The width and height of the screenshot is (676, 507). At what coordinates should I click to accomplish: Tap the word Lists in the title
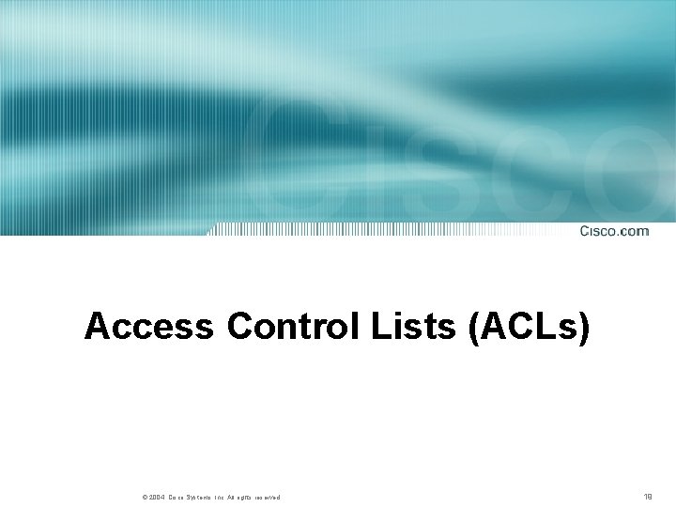click(x=412, y=327)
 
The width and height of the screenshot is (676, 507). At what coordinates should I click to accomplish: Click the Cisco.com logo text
click(x=614, y=231)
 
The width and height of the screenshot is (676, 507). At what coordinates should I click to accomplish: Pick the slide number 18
click(x=648, y=496)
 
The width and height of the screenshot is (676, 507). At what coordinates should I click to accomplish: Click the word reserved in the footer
click(x=266, y=497)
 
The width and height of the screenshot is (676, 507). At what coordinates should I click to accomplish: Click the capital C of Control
click(x=240, y=327)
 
